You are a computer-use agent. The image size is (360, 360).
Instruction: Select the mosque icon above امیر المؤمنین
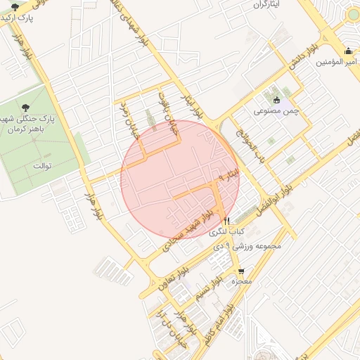coord(349,51)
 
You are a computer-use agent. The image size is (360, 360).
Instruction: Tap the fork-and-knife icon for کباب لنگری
coord(227,220)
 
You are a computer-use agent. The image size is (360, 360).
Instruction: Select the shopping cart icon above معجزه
coord(242,271)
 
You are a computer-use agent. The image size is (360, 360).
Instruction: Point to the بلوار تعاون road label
coord(164,280)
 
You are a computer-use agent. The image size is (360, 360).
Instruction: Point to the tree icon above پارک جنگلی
coord(26,107)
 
